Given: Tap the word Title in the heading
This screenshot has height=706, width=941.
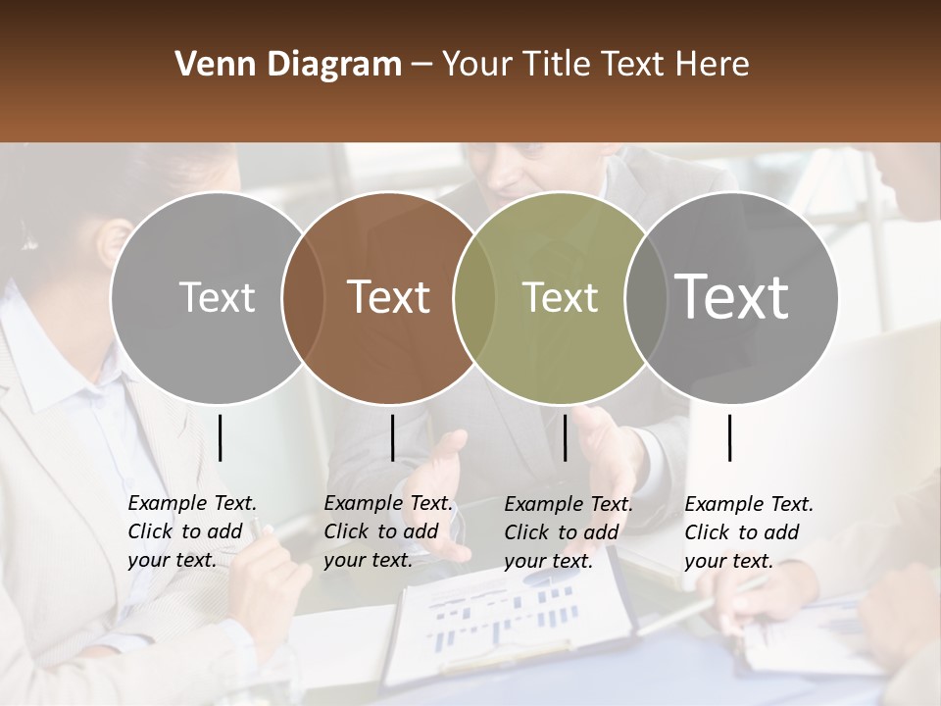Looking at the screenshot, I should [x=558, y=65].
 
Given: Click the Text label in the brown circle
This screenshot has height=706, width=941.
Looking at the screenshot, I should [x=388, y=297].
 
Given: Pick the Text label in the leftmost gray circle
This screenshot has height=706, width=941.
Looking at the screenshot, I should [x=217, y=297].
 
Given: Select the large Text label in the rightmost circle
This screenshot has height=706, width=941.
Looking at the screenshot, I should [x=732, y=296].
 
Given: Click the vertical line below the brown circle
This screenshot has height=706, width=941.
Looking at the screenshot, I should [x=392, y=437].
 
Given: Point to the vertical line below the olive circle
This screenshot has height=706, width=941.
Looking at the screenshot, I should [x=565, y=437].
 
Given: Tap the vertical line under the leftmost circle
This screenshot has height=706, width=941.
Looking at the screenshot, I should [x=220, y=437].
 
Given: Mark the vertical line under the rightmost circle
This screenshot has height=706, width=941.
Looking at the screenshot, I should [x=729, y=437].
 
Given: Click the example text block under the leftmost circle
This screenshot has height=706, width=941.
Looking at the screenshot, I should [x=192, y=531].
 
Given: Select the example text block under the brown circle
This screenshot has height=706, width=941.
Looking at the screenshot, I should [x=388, y=531].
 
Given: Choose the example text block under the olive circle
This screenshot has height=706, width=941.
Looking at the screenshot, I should [x=569, y=532].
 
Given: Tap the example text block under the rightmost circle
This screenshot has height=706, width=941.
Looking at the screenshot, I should [x=749, y=532].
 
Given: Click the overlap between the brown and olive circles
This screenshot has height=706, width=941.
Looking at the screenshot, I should [x=474, y=298].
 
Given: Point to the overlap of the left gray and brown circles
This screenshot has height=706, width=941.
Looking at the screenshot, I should [x=302, y=298].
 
